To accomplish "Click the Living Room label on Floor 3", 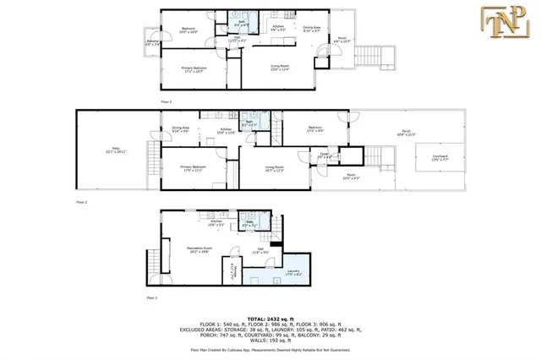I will [280, 67].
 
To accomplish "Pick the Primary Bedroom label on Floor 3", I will [194, 68].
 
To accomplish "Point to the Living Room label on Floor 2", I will [273, 168].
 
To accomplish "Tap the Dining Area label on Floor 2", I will [180, 129].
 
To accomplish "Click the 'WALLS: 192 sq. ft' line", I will [270, 338].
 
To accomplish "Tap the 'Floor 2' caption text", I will [82, 203].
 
